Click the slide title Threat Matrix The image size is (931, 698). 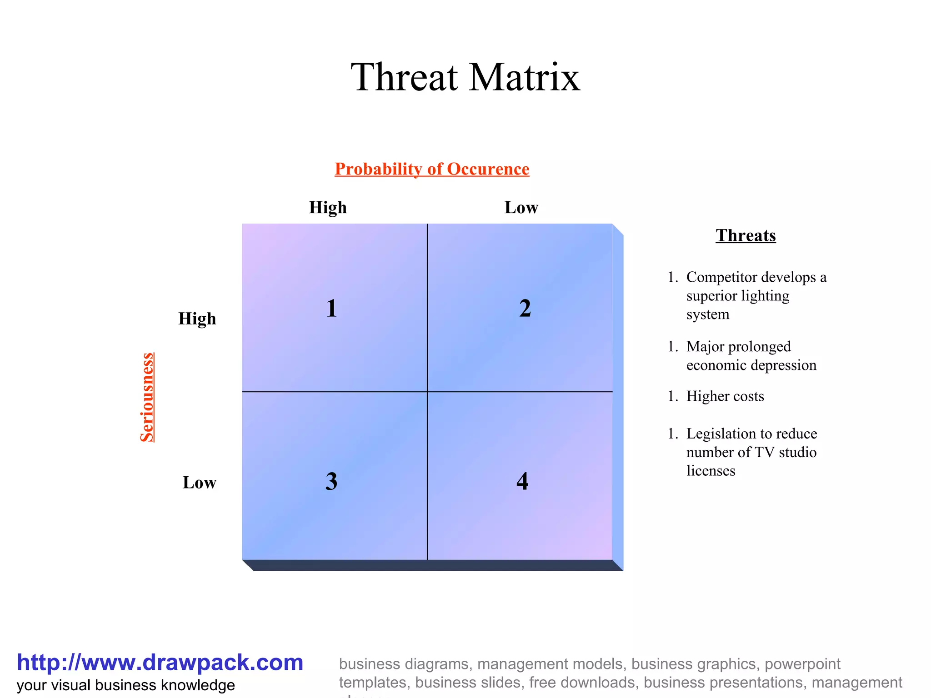click(465, 77)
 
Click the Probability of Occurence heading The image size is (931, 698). click(432, 169)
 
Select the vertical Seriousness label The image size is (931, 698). click(147, 397)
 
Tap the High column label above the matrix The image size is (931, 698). click(328, 208)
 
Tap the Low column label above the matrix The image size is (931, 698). click(521, 208)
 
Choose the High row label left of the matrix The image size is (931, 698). click(197, 319)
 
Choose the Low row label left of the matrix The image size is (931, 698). click(199, 483)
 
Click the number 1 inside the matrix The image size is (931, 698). click(331, 309)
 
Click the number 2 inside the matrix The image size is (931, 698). click(525, 309)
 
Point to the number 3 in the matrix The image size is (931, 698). click(331, 481)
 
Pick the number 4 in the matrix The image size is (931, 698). click(522, 481)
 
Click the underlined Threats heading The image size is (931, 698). click(746, 235)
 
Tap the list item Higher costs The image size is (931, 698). click(725, 396)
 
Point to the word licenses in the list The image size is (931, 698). click(711, 471)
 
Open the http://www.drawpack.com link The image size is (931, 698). click(160, 663)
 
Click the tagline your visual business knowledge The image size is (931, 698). click(126, 685)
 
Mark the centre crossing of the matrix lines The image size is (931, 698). click(427, 392)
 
